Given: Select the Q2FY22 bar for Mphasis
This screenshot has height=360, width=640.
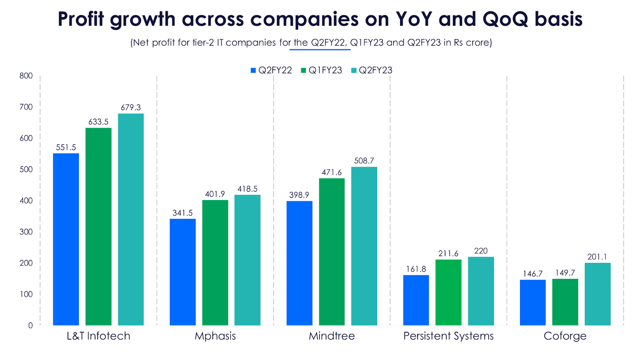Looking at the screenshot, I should pos(183,272).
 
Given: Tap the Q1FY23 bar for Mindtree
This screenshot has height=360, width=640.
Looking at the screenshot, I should pos(332,252).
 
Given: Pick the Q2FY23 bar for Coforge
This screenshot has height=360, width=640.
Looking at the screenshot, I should pos(598,294).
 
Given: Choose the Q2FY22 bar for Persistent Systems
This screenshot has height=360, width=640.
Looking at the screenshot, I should pos(416,300).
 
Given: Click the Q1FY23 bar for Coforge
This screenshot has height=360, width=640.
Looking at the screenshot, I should pos(565,302).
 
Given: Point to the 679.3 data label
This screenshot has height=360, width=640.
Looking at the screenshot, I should pos(131,108).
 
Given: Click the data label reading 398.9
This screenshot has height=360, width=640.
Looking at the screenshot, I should pos(299,195).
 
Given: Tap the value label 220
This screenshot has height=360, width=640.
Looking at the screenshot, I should pos(481,251).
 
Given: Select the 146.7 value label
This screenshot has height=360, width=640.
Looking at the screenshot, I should pos(533,274).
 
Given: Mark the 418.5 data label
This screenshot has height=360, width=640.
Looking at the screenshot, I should pos(248,189).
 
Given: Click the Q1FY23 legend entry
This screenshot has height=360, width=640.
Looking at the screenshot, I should pos(322,70).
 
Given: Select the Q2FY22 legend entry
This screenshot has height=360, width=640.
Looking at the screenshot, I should pos(271,70).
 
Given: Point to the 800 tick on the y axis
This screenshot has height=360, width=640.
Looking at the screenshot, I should pos(26,76).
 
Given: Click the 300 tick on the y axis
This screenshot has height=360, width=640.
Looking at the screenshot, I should pos(26,232).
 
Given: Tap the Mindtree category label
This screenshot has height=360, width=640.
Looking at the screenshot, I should pos(332,336).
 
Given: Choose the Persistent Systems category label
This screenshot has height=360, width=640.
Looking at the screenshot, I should pos(448,336).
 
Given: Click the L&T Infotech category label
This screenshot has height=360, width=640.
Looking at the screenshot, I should pos(98,336).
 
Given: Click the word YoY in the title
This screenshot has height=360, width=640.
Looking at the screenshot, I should pos(414,19).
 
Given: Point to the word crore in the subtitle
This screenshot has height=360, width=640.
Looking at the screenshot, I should pos(478,42).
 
